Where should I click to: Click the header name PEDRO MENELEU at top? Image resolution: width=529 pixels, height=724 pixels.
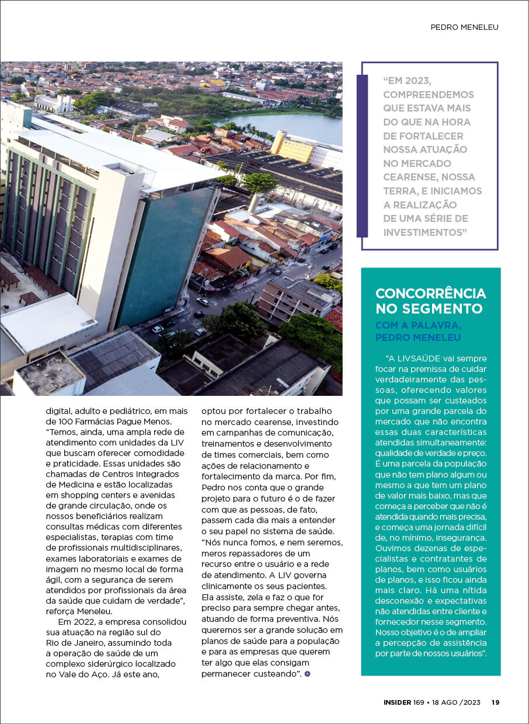coord(464,27)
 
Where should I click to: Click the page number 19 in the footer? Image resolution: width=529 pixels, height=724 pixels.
coord(495,702)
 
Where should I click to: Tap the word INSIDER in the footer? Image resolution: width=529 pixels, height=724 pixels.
coord(397,702)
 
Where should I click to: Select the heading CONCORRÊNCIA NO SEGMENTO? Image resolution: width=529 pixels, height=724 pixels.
coord(430,300)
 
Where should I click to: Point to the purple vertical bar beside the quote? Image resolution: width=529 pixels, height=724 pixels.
coord(362,156)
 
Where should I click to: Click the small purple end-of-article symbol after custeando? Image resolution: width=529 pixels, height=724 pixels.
coord(308,674)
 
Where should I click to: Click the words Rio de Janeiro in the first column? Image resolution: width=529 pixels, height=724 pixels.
coord(78,642)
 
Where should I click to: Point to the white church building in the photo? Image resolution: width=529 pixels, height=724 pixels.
coord(54,104)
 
